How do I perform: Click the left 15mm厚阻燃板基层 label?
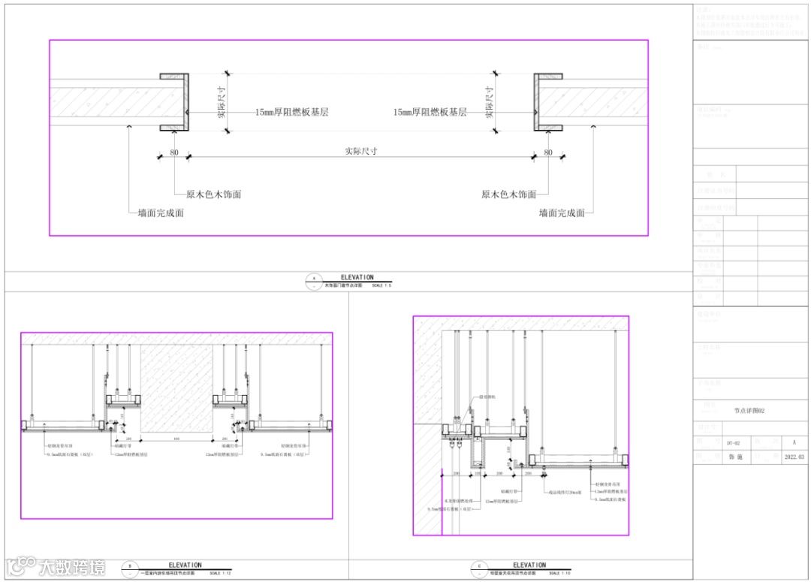(x=291, y=112)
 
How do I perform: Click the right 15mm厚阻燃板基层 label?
(x=430, y=112)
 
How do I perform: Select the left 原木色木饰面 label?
(x=213, y=195)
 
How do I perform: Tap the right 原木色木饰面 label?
(x=508, y=195)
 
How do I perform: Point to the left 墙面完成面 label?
(x=161, y=213)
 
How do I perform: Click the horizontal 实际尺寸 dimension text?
(x=360, y=151)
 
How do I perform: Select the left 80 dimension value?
(x=174, y=152)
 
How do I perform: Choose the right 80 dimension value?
(x=548, y=152)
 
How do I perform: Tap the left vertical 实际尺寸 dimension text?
(x=222, y=102)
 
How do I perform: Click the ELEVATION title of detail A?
(x=357, y=278)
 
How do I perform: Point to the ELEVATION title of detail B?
(x=185, y=565)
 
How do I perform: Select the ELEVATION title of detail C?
(x=529, y=565)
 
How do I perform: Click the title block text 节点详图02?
(x=749, y=411)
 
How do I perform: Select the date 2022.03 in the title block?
(x=794, y=457)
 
